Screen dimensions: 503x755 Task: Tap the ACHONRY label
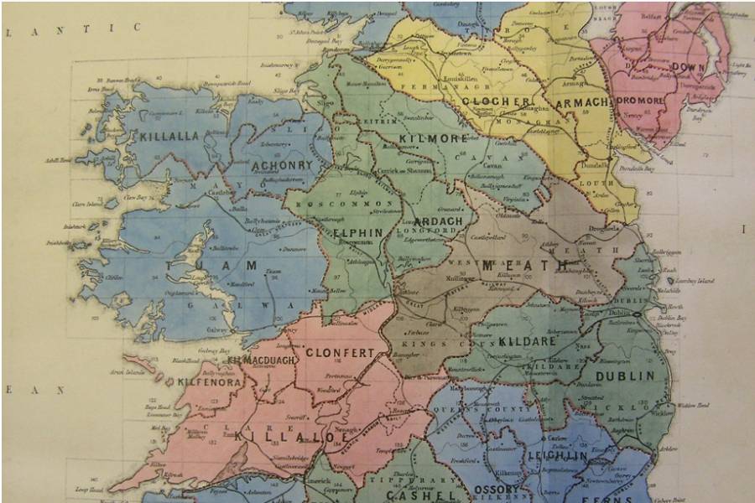(x=281, y=166)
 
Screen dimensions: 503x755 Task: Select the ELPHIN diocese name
(x=357, y=232)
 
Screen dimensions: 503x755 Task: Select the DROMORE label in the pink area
(x=642, y=99)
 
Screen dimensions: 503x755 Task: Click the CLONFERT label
(x=339, y=353)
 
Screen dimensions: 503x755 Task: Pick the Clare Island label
(x=112, y=204)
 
